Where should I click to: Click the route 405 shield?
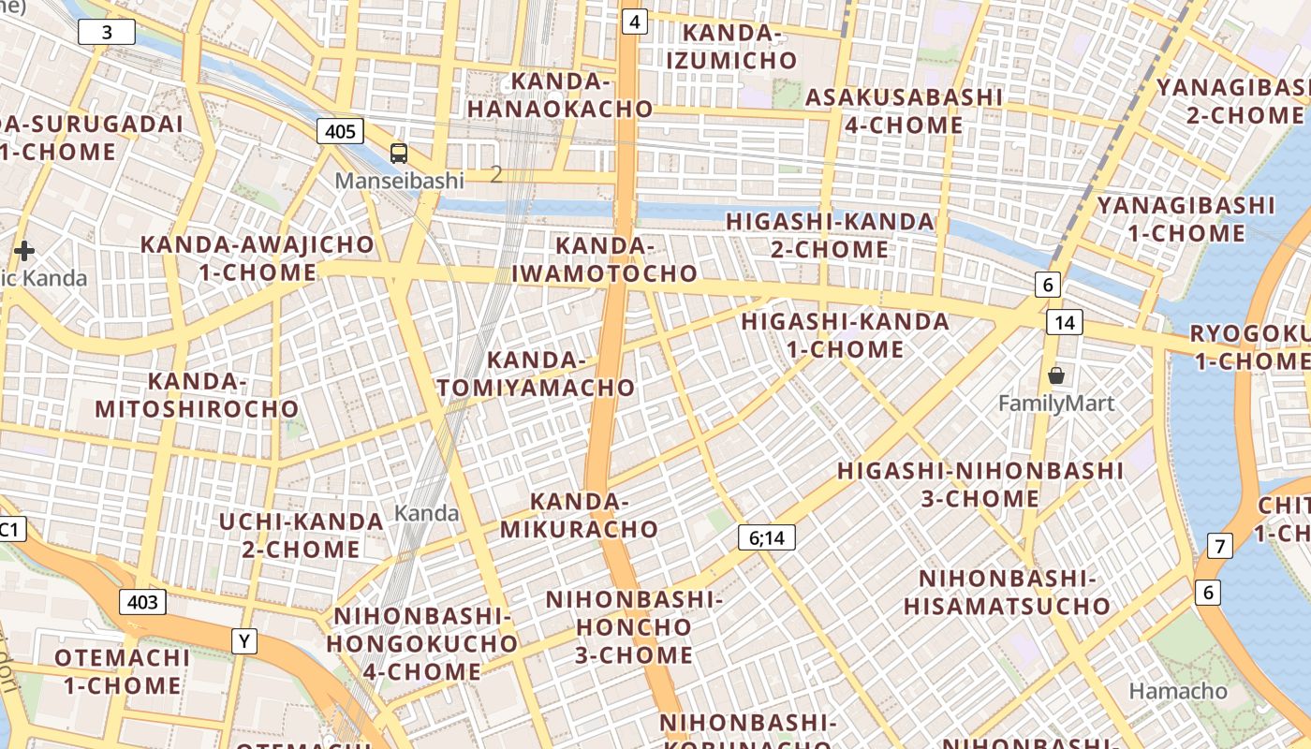click(x=340, y=131)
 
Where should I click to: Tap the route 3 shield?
click(x=106, y=33)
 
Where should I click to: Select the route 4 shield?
click(x=635, y=22)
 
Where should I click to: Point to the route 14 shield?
click(x=1065, y=322)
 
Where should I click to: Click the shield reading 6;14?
click(x=766, y=537)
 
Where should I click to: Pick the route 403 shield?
click(x=142, y=602)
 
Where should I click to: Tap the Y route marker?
click(x=244, y=641)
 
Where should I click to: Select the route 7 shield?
click(x=1219, y=546)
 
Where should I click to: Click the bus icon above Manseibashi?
click(x=399, y=154)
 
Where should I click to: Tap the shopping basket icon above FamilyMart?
click(x=1056, y=376)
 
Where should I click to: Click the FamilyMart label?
click(x=1056, y=404)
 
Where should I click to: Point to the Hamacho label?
click(x=1178, y=691)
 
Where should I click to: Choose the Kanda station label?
click(x=426, y=513)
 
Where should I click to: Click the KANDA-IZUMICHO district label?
click(x=732, y=47)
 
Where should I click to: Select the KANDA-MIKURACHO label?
click(x=579, y=515)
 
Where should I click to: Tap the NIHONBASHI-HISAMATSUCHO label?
click(x=1007, y=592)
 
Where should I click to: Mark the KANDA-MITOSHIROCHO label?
click(x=197, y=395)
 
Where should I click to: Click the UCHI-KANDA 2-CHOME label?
click(x=302, y=535)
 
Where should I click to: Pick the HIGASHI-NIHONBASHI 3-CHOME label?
click(x=980, y=484)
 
